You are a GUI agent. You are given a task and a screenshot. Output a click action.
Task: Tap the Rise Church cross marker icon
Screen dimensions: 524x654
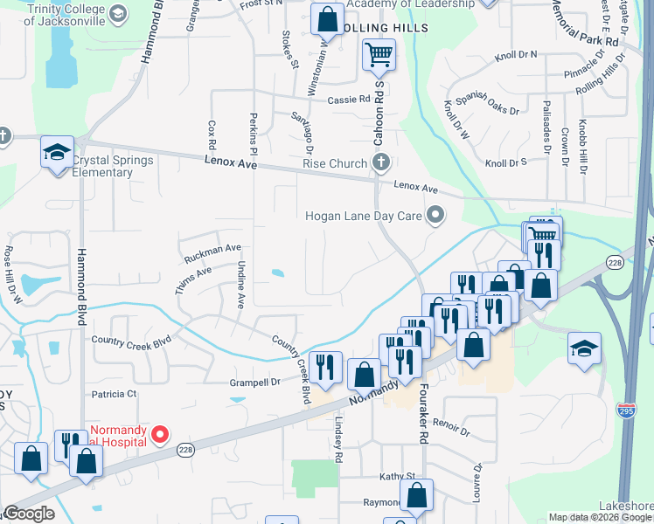380,162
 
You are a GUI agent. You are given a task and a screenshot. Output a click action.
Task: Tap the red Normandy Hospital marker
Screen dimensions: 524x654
160,433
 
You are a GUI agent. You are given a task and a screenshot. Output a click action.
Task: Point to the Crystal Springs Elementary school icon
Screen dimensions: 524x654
57,153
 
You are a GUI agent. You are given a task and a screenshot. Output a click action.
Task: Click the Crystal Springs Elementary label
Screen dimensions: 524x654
113,166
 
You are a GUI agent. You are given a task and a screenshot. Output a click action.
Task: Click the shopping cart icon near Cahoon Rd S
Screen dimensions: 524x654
379,55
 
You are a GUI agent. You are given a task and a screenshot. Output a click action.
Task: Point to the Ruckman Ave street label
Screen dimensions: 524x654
212,254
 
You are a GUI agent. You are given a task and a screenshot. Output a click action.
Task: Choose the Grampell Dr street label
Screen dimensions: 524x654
254,382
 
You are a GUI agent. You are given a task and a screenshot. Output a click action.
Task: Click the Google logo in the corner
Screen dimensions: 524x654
29,514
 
